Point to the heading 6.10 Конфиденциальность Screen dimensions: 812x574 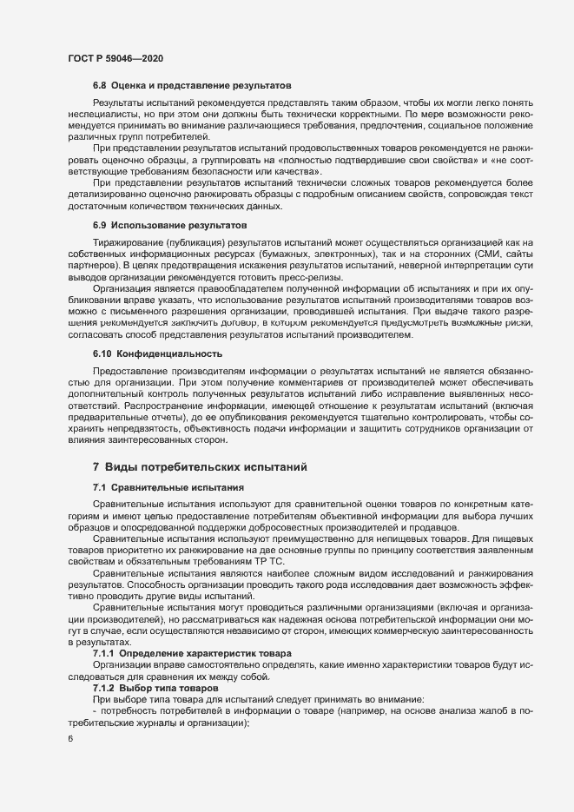click(x=158, y=353)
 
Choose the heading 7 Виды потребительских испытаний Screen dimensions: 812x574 click(x=200, y=467)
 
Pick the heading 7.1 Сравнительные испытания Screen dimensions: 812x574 click(x=168, y=487)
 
